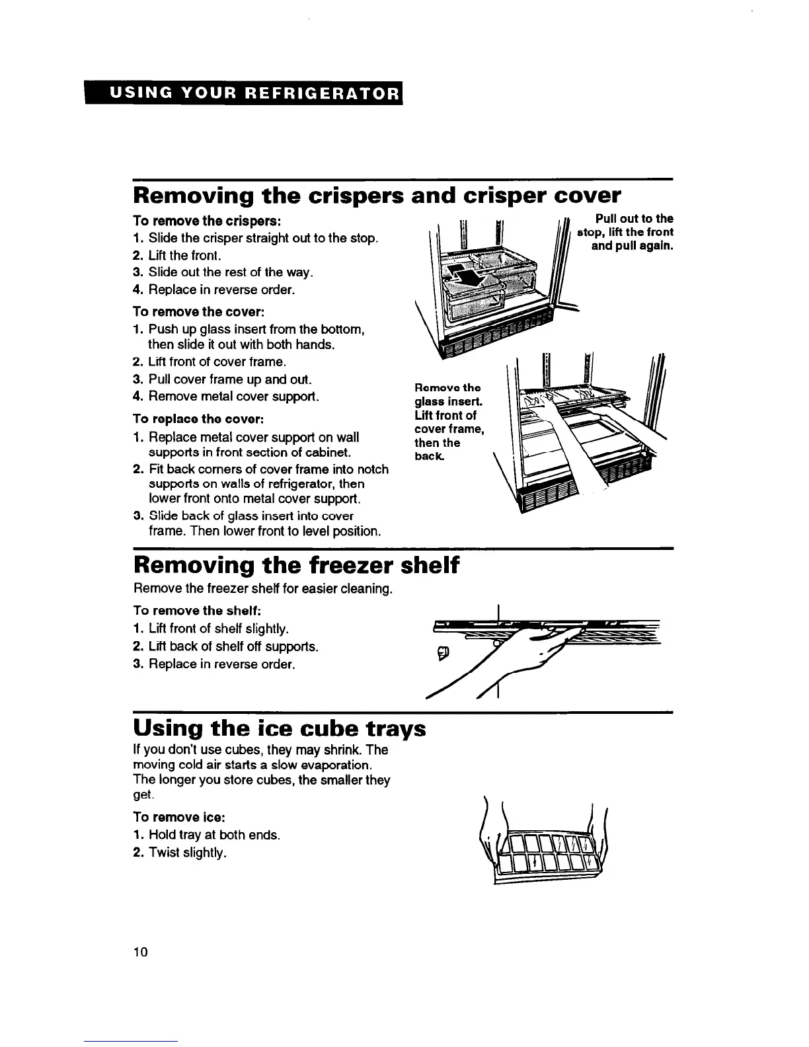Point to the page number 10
141,951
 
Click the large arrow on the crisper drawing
469,272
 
